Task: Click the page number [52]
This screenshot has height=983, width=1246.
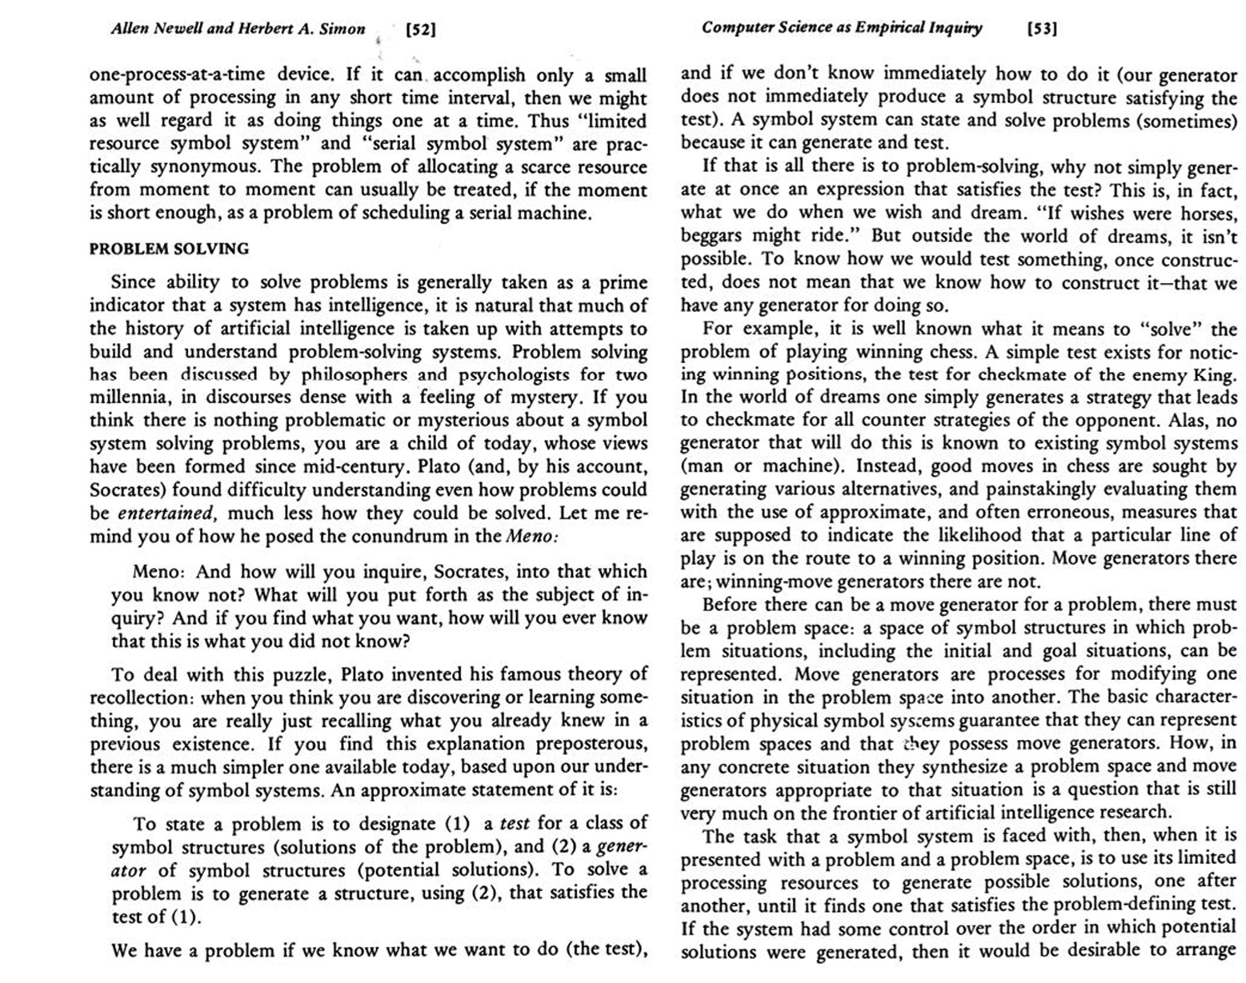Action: [x=420, y=30]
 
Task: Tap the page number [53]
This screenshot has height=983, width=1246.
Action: [x=1042, y=29]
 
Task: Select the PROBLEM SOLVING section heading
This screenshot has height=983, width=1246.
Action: [x=169, y=249]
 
